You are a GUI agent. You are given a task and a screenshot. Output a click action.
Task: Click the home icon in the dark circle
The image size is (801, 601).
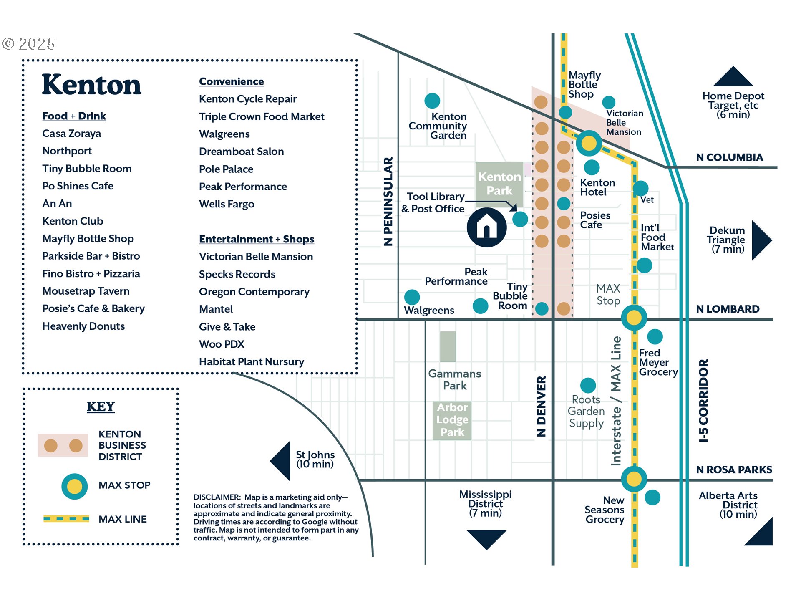click(486, 227)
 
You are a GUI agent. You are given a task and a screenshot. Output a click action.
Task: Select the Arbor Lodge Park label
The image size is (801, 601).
click(452, 419)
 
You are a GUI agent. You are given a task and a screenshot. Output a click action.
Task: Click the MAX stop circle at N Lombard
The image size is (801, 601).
click(634, 318)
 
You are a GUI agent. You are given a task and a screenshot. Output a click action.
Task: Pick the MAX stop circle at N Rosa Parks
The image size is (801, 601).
click(634, 479)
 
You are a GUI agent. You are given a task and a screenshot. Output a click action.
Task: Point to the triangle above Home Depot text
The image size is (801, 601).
click(733, 77)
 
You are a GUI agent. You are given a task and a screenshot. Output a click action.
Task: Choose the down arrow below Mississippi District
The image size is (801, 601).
click(486, 538)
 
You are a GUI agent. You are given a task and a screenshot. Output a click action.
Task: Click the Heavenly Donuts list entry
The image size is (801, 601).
click(83, 326)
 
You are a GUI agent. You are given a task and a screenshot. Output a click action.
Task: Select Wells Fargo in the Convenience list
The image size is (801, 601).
click(227, 204)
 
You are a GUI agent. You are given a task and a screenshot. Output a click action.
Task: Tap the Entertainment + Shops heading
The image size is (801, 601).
click(257, 239)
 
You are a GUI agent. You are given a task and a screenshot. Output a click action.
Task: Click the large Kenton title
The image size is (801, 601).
click(92, 85)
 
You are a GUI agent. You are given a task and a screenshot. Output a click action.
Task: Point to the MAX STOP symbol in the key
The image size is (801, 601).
click(74, 486)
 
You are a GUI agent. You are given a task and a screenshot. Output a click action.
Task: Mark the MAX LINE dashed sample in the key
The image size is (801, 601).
click(66, 519)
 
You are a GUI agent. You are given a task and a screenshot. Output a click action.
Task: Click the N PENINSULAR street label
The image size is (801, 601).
click(388, 201)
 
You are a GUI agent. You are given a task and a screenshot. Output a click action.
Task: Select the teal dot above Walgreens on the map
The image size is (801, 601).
click(412, 297)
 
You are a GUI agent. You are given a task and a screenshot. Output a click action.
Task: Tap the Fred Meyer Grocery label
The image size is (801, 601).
click(658, 362)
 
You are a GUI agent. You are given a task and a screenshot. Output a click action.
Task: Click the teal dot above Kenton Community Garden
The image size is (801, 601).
click(432, 101)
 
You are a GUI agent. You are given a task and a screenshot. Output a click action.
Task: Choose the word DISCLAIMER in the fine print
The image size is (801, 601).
click(217, 497)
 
